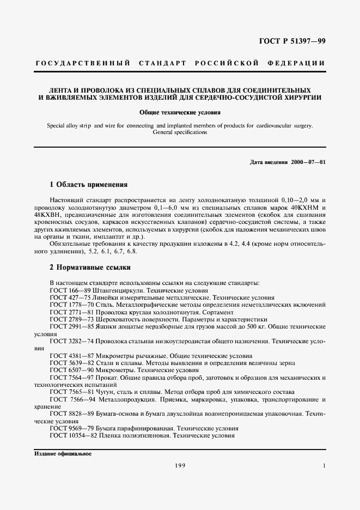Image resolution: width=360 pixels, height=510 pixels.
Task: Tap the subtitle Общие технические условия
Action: pos(180,113)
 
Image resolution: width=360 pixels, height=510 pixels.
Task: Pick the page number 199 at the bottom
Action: pos(180,465)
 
